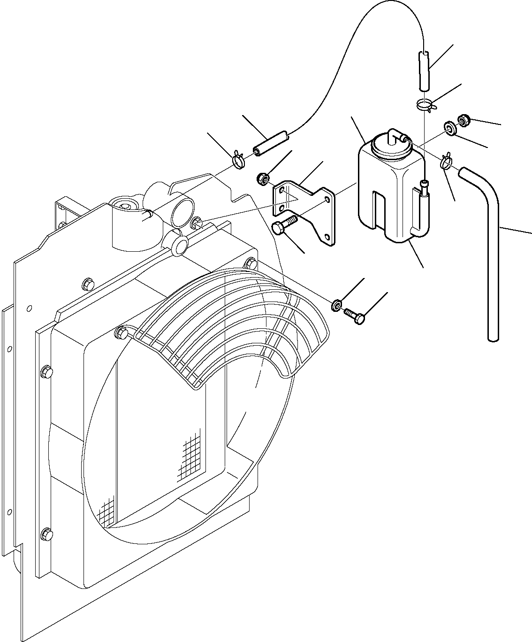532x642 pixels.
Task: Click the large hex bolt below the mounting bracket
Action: click(283, 225)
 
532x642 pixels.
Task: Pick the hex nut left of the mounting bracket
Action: click(263, 178)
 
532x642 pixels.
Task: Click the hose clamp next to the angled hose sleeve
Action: click(239, 160)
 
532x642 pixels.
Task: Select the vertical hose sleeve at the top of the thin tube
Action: click(424, 70)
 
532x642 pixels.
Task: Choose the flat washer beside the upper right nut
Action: click(450, 128)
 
